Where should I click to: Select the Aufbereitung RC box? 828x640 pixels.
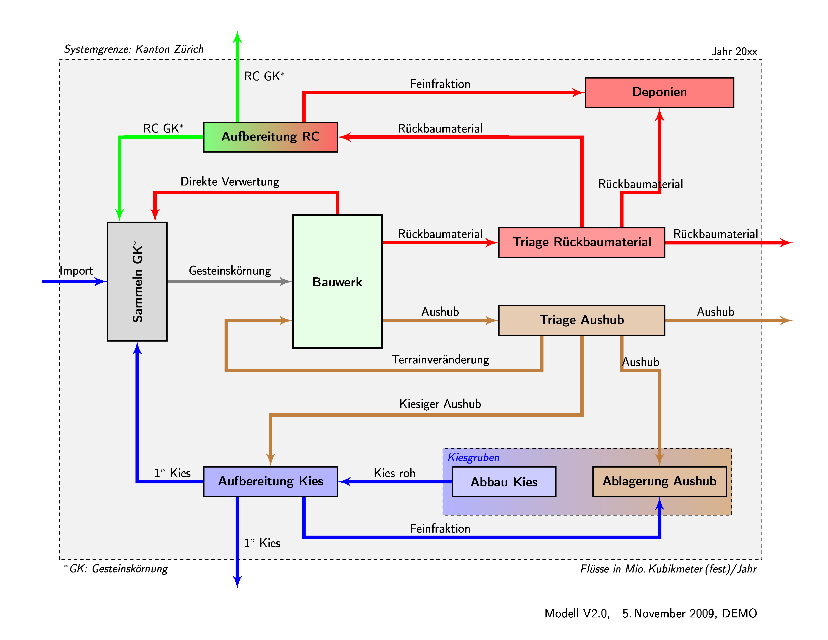click(x=270, y=137)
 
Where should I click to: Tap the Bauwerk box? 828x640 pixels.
click(x=337, y=281)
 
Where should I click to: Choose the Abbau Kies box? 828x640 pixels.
click(x=504, y=482)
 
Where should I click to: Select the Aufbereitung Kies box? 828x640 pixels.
click(x=270, y=481)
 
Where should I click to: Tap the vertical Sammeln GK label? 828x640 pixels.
click(x=137, y=281)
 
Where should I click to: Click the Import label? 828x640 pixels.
click(x=76, y=271)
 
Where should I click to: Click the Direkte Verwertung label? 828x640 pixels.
click(x=230, y=182)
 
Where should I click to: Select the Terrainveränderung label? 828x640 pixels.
click(x=440, y=359)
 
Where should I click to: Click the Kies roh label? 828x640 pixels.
click(x=394, y=473)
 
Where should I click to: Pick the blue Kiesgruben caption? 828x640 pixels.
click(x=473, y=457)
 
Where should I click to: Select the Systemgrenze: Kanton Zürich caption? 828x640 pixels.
click(x=133, y=49)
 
